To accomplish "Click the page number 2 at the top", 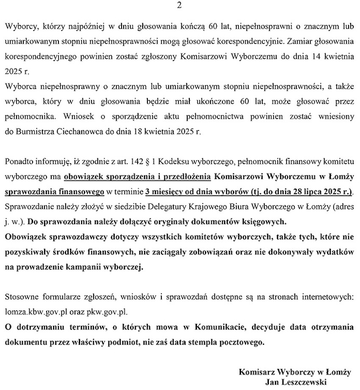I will pos(180,6).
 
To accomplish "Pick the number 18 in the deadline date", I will pos(134,132).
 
